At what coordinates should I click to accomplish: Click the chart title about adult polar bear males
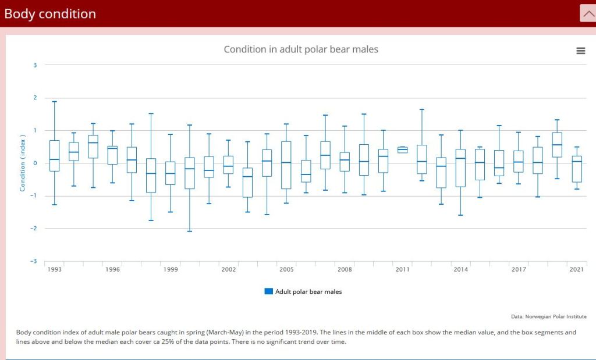(301, 49)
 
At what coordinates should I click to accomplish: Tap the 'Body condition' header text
(50, 14)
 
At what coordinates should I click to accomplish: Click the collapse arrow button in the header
(587, 13)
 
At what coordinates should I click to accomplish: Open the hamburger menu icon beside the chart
(580, 51)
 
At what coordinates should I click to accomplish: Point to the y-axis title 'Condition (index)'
(23, 163)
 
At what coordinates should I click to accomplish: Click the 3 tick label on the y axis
(35, 65)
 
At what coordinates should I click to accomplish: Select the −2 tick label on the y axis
(34, 229)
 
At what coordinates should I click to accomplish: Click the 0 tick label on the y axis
(35, 163)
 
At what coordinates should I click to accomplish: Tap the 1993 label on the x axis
(55, 270)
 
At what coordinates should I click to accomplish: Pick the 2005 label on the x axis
(286, 270)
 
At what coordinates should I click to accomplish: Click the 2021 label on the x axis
(576, 270)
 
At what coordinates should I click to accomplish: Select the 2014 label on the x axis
(460, 270)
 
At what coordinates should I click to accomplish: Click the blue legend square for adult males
(268, 291)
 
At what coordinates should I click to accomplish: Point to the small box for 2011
(402, 149)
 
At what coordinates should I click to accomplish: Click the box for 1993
(54, 155)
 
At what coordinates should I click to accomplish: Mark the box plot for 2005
(286, 165)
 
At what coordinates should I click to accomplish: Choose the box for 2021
(576, 169)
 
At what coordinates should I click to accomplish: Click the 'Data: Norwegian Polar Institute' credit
(549, 316)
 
